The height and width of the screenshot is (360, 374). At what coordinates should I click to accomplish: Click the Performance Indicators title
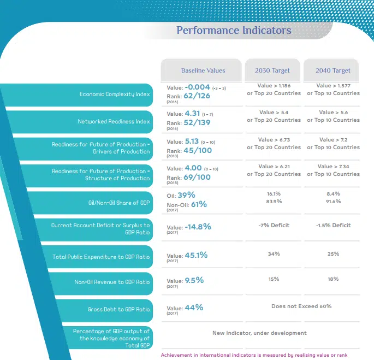pos(234,30)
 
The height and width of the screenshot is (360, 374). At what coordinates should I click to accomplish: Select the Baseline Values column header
pos(203,70)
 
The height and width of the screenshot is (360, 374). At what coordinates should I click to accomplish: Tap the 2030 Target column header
pos(272,70)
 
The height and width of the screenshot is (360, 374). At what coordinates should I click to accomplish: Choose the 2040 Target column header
pos(333,70)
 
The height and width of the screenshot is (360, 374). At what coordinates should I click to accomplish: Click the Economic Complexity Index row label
pos(115,94)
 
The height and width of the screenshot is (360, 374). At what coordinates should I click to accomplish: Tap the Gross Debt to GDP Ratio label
pos(118,309)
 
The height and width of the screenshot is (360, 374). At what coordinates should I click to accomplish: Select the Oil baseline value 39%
pos(186,194)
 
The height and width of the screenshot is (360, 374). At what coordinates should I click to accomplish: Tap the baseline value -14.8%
pos(198,226)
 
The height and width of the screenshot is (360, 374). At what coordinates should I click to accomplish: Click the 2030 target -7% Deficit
pos(274,225)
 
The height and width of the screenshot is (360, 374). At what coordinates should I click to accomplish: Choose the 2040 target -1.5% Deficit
pos(333,225)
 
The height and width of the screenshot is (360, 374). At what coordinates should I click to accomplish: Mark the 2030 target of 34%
pos(274,253)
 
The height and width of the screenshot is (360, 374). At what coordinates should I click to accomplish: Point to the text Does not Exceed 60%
pos(301,306)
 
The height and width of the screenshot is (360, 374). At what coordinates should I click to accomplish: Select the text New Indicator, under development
pos(259,333)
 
